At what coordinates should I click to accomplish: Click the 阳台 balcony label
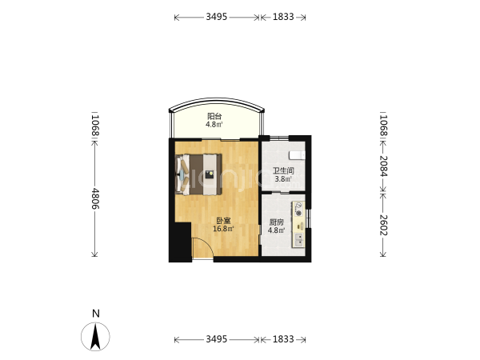pyautogui.click(x=214, y=116)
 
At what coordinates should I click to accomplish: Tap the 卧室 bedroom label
pyautogui.click(x=223, y=221)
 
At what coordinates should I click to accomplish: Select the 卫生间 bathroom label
pyautogui.click(x=283, y=170)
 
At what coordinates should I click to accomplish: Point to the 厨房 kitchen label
pyautogui.click(x=277, y=222)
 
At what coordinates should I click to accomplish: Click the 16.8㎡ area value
pyautogui.click(x=223, y=229)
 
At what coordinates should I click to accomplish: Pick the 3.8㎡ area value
pyautogui.click(x=283, y=178)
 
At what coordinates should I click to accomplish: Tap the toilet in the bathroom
pyautogui.click(x=297, y=155)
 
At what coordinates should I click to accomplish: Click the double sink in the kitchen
pyautogui.click(x=298, y=240)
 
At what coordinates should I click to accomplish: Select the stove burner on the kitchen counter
pyautogui.click(x=298, y=209)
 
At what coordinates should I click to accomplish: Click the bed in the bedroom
pyautogui.click(x=198, y=174)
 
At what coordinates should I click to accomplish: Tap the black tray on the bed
pyautogui.click(x=210, y=174)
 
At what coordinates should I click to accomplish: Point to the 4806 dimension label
pyautogui.click(x=95, y=198)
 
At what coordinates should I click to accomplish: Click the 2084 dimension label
pyautogui.click(x=383, y=166)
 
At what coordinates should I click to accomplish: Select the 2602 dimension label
pyautogui.click(x=383, y=225)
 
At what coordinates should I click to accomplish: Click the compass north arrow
pyautogui.click(x=95, y=337)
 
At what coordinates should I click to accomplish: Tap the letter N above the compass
pyautogui.click(x=96, y=314)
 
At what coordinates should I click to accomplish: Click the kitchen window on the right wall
pyautogui.click(x=309, y=218)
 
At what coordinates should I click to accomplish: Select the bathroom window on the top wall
pyautogui.click(x=279, y=138)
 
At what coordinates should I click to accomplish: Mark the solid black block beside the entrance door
pyautogui.click(x=181, y=242)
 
